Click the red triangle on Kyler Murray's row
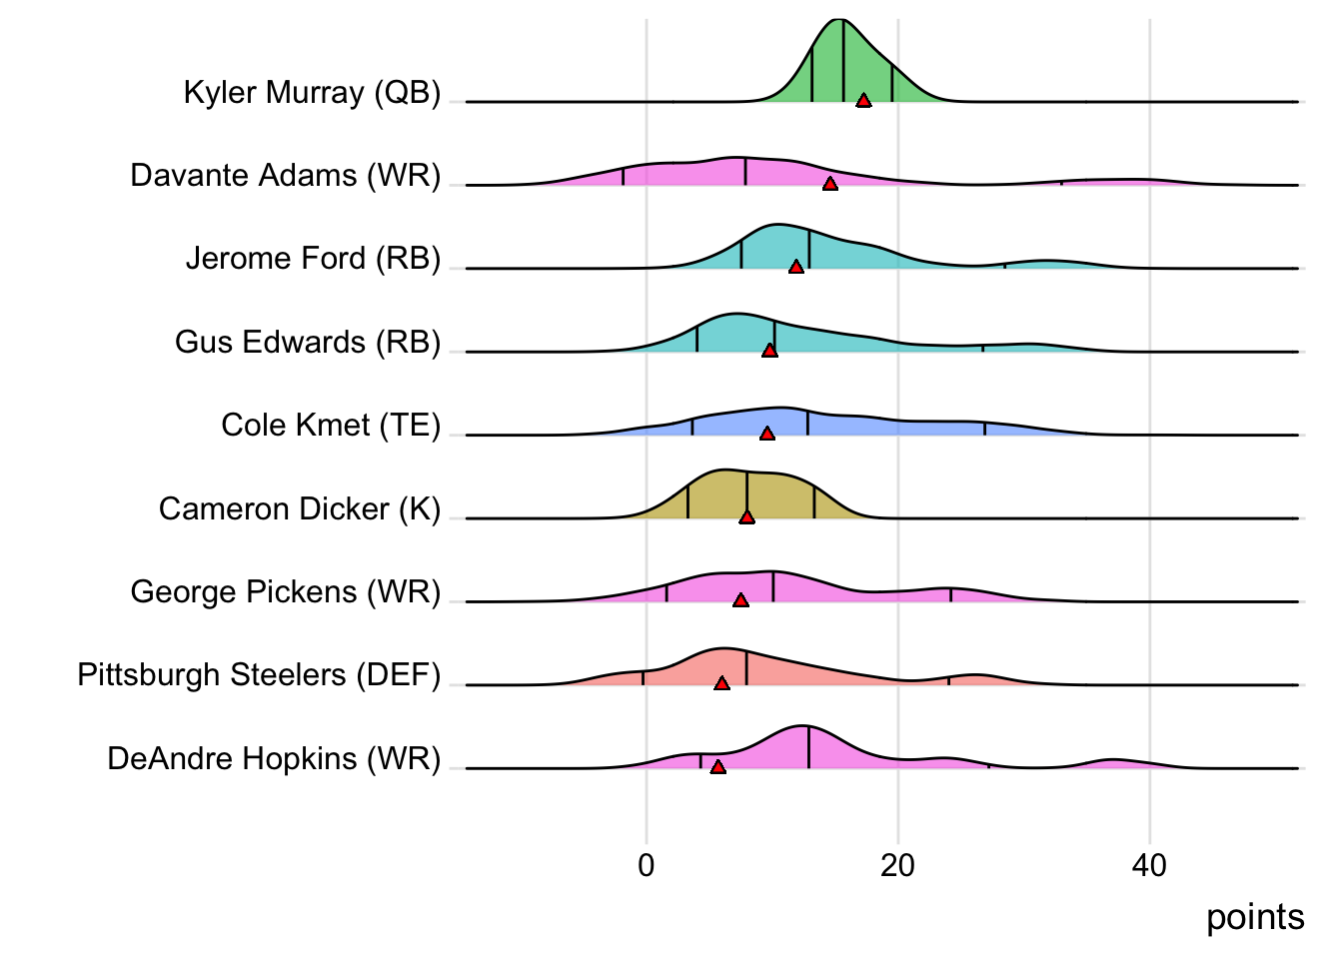[863, 100]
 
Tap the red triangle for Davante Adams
[829, 183]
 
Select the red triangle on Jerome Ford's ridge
[796, 267]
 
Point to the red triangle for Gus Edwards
[769, 350]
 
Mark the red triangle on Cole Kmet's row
[766, 434]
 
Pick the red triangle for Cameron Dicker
[746, 516]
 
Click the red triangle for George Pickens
[740, 600]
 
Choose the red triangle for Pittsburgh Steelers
[721, 683]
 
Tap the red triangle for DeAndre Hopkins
[717, 766]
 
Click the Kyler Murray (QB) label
[312, 93]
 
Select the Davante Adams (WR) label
[285, 176]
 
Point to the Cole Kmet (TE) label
[331, 426]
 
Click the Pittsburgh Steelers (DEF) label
[259, 675]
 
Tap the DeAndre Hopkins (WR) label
[274, 759]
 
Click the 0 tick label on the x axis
[646, 865]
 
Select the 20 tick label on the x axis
[897, 865]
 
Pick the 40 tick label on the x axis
[1149, 865]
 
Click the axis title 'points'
[1255, 917]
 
